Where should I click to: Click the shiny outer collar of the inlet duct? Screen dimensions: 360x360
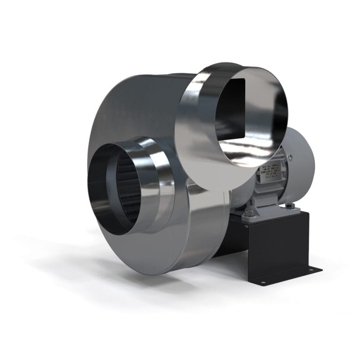pos(150,183)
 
